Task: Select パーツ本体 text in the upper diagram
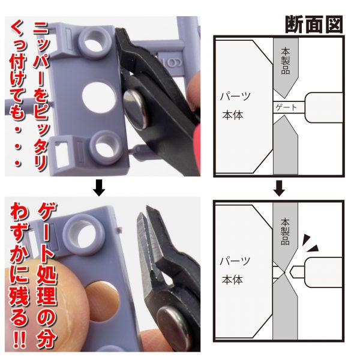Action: [235, 106]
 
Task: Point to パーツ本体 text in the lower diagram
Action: [235, 271]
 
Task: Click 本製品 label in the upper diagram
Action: [284, 61]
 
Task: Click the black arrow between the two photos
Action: [100, 190]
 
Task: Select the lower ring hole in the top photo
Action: [96, 145]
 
